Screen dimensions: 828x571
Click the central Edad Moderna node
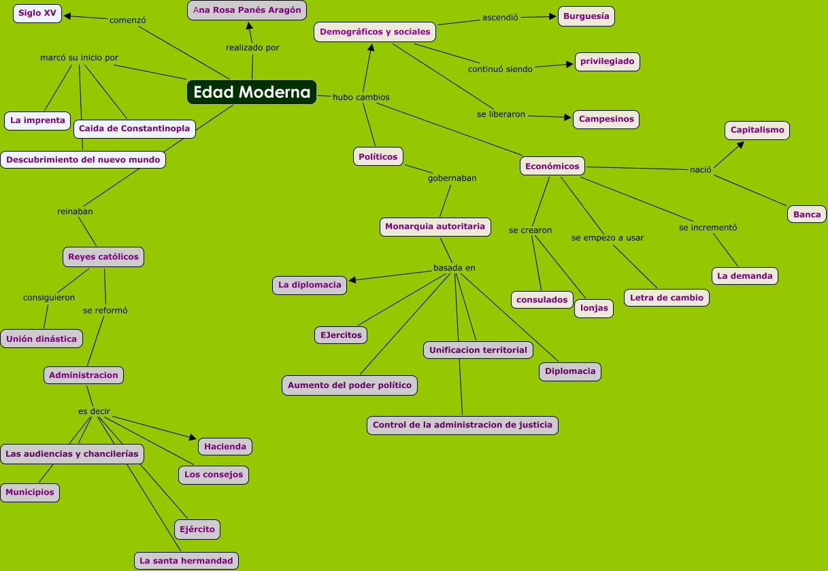click(252, 92)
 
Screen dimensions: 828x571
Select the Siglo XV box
click(37, 13)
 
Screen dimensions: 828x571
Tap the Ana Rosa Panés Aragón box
click(247, 10)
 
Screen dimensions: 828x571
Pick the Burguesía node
click(586, 16)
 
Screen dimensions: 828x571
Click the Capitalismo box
click(757, 130)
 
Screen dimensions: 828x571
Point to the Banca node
click(807, 214)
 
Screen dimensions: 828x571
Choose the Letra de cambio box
click(667, 298)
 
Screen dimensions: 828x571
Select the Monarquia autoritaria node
click(435, 226)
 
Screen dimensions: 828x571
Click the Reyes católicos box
click(103, 257)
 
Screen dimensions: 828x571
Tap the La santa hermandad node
click(186, 561)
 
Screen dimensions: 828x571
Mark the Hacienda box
click(225, 447)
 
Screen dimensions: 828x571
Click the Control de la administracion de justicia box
click(463, 426)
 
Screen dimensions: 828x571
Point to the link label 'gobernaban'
click(452, 178)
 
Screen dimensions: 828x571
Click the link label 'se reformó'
click(105, 310)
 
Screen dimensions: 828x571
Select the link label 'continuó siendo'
click(500, 69)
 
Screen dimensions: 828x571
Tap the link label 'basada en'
click(454, 268)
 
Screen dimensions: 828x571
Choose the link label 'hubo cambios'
click(361, 97)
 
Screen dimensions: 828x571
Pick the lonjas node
click(594, 308)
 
